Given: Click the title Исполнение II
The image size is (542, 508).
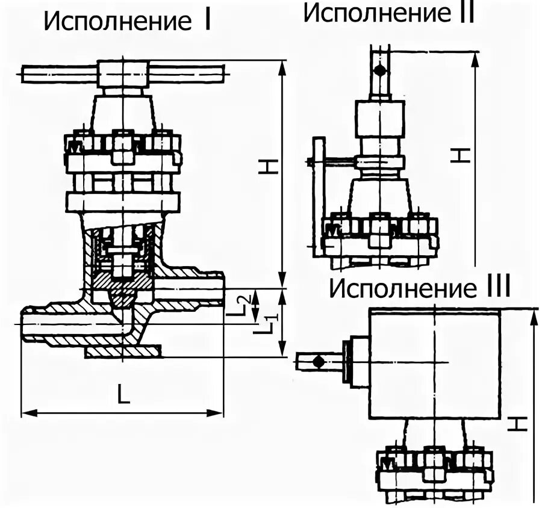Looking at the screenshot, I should click(388, 13).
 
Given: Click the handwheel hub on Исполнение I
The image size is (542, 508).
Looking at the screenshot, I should click(123, 74).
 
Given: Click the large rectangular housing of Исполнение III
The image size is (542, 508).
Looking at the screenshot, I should click(434, 364).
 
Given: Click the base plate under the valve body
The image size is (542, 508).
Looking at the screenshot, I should click(123, 351).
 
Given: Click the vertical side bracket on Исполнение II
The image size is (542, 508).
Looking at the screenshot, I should click(319, 193).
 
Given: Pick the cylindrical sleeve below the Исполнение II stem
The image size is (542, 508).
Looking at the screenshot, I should click(379, 119).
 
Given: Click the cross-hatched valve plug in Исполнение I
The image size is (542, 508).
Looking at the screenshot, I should click(123, 288).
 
